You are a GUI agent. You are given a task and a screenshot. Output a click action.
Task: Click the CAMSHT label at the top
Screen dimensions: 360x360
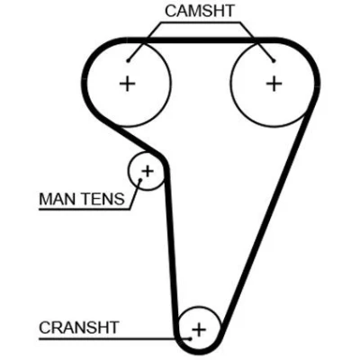pyautogui.click(x=200, y=11)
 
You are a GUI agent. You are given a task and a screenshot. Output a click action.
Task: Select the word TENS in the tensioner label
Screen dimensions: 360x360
pyautogui.click(x=103, y=199)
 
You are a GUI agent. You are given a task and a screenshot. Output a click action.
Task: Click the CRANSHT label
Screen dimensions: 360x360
pyautogui.click(x=79, y=328)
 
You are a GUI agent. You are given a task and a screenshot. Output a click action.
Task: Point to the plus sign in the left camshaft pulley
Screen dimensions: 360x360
pyautogui.click(x=127, y=84)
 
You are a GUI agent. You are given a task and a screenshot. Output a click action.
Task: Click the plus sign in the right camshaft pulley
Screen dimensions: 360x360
pyautogui.click(x=274, y=84)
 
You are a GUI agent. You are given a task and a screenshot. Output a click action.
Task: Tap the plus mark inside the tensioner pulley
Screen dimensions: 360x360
pyautogui.click(x=148, y=171)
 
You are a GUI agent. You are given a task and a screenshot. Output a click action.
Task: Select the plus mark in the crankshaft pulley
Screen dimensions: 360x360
pyautogui.click(x=199, y=330)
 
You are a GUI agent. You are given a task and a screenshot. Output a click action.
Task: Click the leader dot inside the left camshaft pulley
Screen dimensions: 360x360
pyautogui.click(x=128, y=61)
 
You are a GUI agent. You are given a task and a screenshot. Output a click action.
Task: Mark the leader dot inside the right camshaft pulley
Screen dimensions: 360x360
pyautogui.click(x=274, y=61)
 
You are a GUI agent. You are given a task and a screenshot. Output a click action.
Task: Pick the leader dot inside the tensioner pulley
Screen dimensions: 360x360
pyautogui.click(x=139, y=180)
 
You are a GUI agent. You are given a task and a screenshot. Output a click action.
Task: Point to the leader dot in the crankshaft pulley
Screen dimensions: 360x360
pyautogui.click(x=190, y=339)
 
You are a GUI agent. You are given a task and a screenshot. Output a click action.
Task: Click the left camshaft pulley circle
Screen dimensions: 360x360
pyautogui.click(x=171, y=84)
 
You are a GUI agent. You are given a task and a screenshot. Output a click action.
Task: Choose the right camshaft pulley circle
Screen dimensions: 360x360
pyautogui.click(x=230, y=84)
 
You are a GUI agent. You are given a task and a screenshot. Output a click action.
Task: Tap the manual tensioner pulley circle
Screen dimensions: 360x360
pyautogui.click(x=129, y=171)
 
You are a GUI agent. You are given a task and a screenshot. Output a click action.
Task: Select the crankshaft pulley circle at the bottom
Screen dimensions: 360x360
pyautogui.click(x=199, y=307)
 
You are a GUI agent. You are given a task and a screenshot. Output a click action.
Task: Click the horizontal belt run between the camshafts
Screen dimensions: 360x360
pyautogui.click(x=201, y=40)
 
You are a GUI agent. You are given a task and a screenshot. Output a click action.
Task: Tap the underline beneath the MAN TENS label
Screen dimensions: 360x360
pyautogui.click(x=85, y=209)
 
